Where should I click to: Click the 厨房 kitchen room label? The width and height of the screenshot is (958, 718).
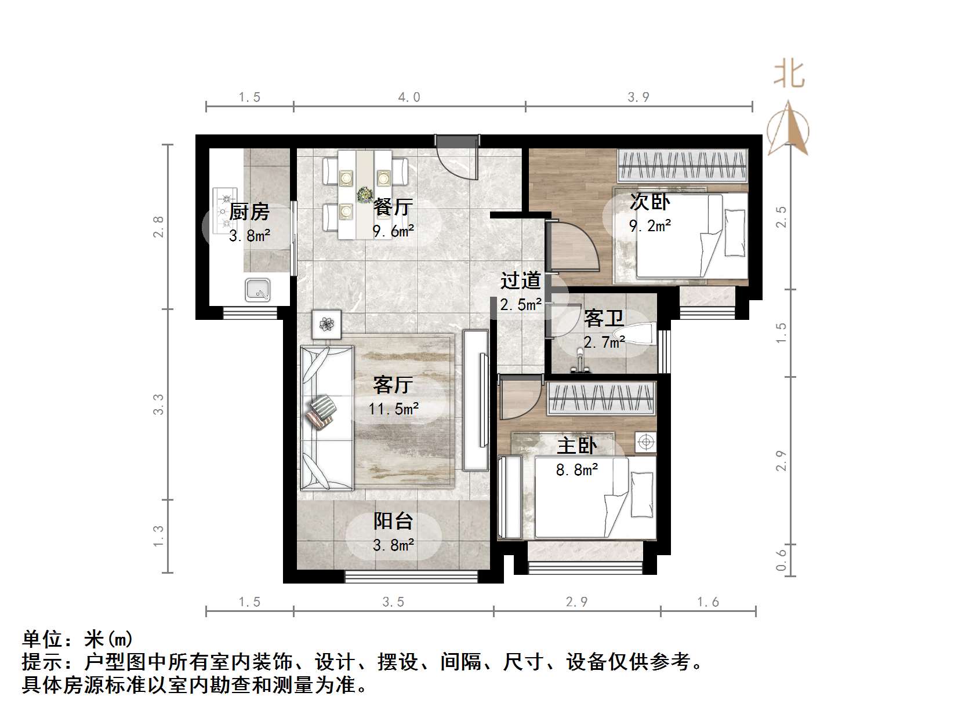tap(249, 212)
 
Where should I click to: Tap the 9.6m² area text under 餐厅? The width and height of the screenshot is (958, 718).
tap(393, 231)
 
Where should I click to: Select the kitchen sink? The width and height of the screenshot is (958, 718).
tap(257, 290)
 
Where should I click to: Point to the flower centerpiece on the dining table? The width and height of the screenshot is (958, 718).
tap(365, 194)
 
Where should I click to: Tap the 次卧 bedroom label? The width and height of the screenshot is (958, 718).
tap(650, 202)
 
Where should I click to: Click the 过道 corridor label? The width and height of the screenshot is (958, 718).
tap(521, 280)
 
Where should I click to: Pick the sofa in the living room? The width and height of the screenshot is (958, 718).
tap(326, 418)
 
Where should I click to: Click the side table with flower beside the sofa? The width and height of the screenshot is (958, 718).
tap(327, 325)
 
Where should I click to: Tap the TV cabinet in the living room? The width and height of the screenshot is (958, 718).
tap(477, 400)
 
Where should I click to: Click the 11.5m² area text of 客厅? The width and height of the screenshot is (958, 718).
tap(394, 409)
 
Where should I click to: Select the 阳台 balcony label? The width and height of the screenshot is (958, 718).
tap(393, 521)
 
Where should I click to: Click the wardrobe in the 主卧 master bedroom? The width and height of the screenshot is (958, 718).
tap(601, 398)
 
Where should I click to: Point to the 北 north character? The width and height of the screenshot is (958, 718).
tap(789, 74)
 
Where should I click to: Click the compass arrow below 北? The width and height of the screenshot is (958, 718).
tap(788, 129)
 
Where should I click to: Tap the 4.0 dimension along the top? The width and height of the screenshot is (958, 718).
tap(409, 97)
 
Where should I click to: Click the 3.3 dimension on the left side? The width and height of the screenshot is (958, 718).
tap(158, 404)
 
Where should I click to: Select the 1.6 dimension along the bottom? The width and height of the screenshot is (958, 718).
tap(708, 602)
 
